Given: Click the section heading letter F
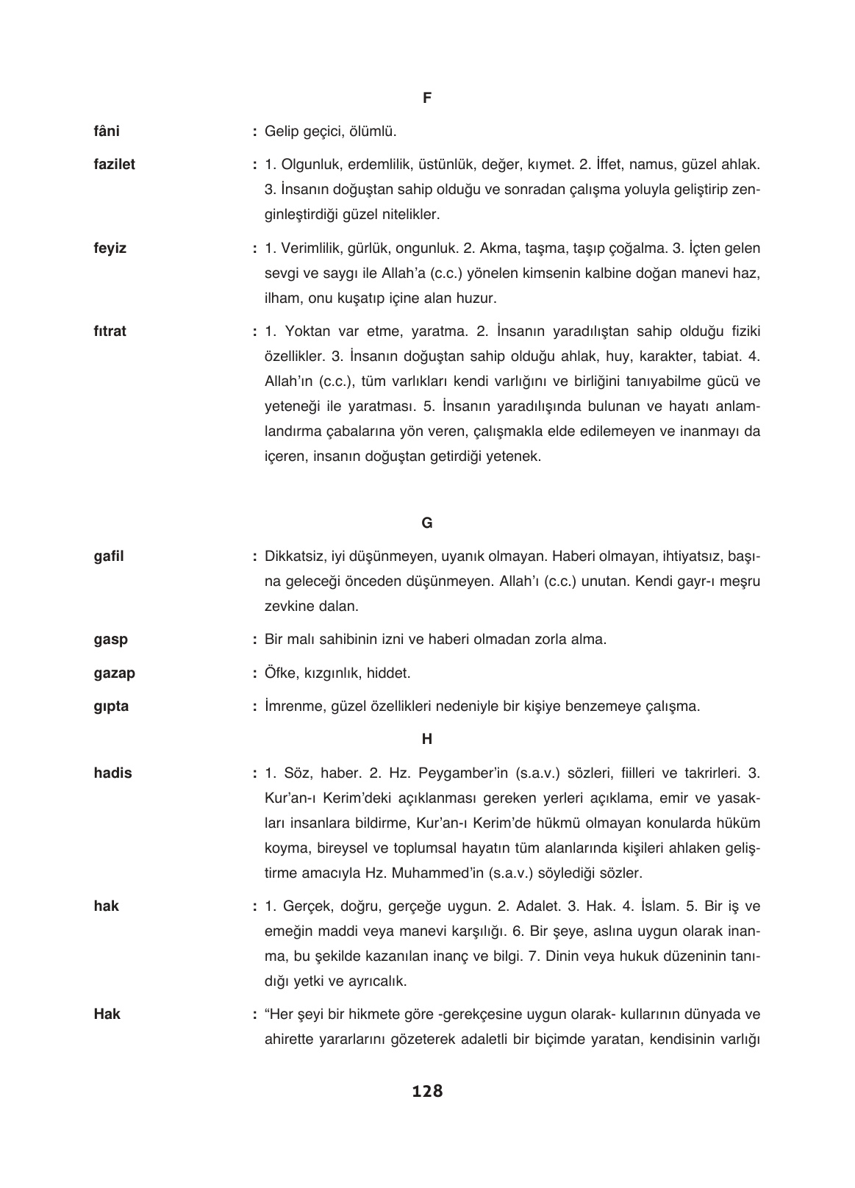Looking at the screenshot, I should coord(427,97).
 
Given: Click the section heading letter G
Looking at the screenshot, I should coord(427,523).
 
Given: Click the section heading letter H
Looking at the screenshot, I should coord(427,740).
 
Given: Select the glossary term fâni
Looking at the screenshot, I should coord(107,132).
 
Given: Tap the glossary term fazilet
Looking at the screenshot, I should coord(114,165).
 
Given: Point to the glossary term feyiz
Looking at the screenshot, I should coord(110,248).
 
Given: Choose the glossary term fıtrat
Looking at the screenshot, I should coord(110,332).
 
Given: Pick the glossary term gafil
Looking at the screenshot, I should coord(109,557).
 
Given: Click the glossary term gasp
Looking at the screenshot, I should coord(110,640).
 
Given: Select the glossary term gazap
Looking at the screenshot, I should coord(114,673).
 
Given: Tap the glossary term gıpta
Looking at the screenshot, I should coord(111,706).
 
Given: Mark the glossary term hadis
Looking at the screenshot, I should coord(112,773).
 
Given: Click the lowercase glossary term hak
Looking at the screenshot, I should coord(106,906).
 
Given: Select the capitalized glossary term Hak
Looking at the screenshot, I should coord(107,1015).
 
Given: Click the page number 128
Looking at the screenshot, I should coord(427,1092).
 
